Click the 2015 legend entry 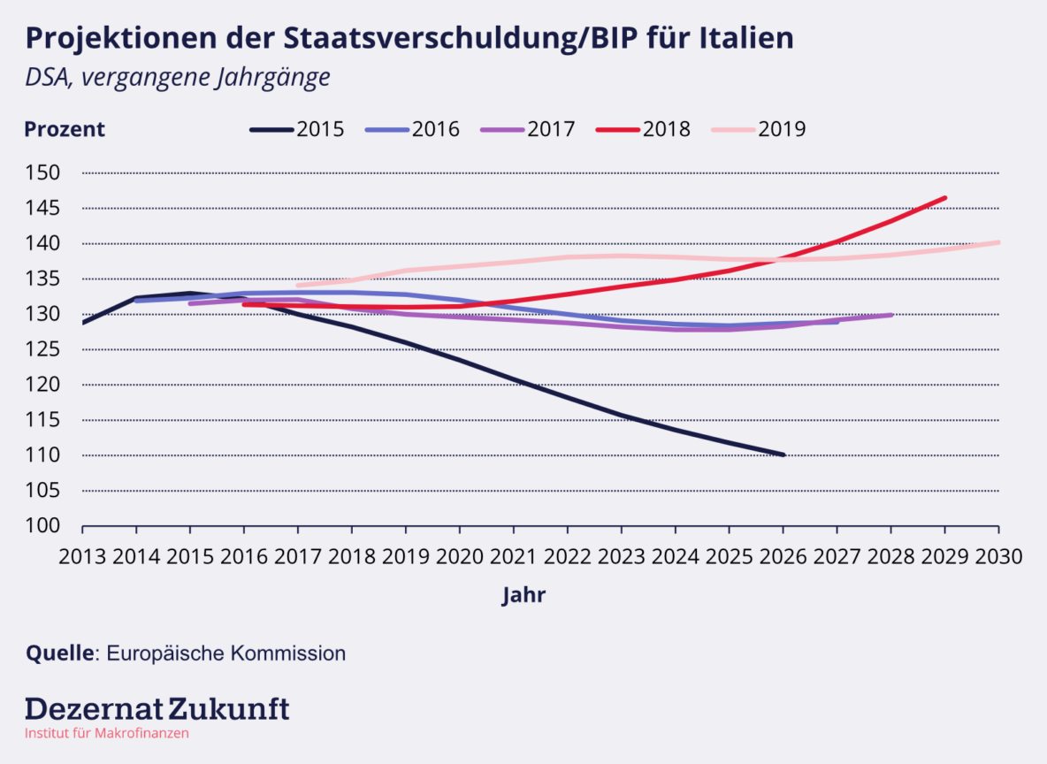(x=297, y=129)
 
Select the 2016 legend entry (x=412, y=129)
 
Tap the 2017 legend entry (x=527, y=129)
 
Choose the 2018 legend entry (x=643, y=129)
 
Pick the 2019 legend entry (x=758, y=129)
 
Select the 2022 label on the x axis (x=567, y=557)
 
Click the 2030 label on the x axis (x=998, y=557)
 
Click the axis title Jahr (x=523, y=595)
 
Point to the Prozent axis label (x=65, y=129)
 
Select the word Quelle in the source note (x=60, y=653)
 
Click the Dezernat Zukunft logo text (x=157, y=708)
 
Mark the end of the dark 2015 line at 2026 (x=783, y=455)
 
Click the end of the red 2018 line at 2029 (x=944, y=198)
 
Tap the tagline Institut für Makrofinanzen (x=106, y=733)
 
